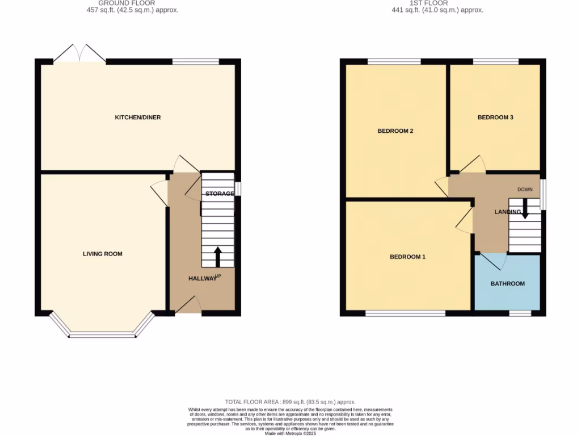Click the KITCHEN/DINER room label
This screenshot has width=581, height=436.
(x=138, y=118)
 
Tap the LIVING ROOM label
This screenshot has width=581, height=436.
(x=103, y=254)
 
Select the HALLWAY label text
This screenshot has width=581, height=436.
(x=203, y=278)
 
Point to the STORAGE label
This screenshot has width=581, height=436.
(x=220, y=194)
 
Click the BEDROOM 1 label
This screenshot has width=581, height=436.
(x=407, y=257)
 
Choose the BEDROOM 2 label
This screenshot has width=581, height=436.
(x=395, y=131)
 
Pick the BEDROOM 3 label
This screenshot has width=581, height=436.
(x=495, y=118)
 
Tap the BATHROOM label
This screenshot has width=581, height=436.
(x=508, y=283)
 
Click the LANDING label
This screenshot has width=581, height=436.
(x=507, y=212)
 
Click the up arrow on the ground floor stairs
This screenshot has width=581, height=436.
(x=217, y=257)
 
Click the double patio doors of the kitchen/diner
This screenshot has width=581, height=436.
(x=80, y=54)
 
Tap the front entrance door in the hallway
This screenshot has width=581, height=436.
(x=189, y=305)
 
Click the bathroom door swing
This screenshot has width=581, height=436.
(x=493, y=261)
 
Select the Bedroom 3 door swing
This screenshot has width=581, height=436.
(x=473, y=164)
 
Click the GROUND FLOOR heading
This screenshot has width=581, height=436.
(x=127, y=3)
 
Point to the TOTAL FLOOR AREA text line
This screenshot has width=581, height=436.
(x=290, y=401)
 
